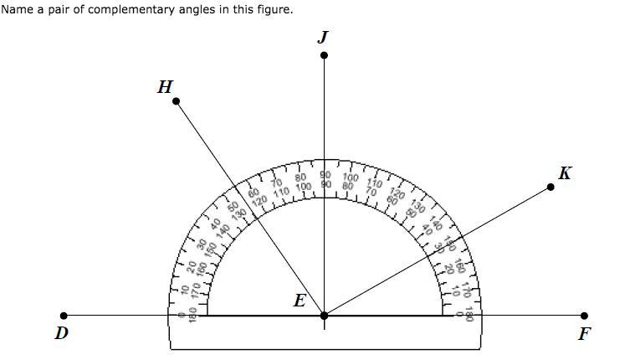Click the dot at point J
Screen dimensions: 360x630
coord(324,55)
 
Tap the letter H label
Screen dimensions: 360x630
coord(165,86)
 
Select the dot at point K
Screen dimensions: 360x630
coord(551,186)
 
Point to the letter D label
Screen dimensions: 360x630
coord(61,333)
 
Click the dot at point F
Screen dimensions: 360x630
coord(584,316)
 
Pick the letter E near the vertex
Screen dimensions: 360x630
coord(300,301)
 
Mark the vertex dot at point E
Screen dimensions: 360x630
coord(324,316)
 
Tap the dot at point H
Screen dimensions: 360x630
coord(176,101)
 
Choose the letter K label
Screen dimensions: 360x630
coord(565,173)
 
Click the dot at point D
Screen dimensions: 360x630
coord(64,316)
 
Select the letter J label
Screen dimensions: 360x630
coord(323,37)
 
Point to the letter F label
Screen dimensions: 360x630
coord(584,334)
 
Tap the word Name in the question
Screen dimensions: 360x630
coord(17,9)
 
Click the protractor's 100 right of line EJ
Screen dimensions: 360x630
coord(351,177)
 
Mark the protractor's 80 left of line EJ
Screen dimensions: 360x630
coord(300,177)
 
